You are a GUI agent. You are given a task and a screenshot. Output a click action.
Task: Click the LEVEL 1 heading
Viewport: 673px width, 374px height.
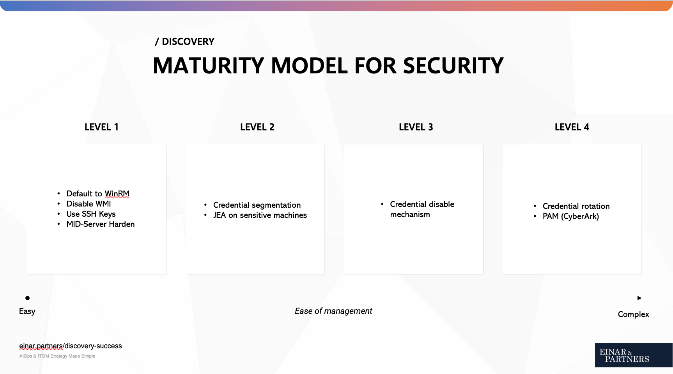pos(101,127)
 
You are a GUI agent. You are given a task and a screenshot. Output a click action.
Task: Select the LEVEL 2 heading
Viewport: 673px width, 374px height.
pos(257,127)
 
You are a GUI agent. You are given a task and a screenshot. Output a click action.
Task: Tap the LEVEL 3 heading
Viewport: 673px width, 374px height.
pos(416,127)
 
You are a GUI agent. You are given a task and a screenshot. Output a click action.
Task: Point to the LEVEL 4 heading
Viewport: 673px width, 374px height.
pos(572,127)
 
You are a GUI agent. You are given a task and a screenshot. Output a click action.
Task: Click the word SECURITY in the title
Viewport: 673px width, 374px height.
pos(453,66)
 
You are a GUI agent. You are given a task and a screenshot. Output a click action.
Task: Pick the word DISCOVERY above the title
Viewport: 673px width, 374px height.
pos(188,42)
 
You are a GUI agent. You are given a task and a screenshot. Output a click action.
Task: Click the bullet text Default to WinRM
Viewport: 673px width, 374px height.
pos(98,194)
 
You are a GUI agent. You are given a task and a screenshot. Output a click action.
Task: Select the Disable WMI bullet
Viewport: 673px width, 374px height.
pos(89,204)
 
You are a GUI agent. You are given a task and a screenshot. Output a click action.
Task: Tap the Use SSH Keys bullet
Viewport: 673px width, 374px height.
pos(91,214)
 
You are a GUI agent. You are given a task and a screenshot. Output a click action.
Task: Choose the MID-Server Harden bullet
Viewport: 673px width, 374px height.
pos(101,224)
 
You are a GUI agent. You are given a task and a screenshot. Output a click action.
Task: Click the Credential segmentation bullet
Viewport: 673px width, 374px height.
pos(257,205)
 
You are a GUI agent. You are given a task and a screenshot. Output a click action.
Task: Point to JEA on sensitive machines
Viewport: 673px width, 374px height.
pos(260,215)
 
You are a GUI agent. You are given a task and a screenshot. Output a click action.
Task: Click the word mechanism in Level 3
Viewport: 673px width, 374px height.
pos(410,214)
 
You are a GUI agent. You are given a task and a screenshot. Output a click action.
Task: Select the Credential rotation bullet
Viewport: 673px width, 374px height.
pos(576,206)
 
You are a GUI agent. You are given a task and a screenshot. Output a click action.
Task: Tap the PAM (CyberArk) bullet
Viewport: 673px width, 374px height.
pos(570,216)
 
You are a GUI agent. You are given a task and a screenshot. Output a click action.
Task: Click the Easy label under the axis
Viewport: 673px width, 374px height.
pos(27,312)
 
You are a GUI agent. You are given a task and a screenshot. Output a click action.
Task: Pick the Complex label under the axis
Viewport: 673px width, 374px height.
pos(633,314)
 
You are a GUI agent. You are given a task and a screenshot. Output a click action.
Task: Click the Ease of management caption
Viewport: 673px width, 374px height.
pos(333,311)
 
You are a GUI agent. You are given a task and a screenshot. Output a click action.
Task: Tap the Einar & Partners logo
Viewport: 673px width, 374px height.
pos(633,355)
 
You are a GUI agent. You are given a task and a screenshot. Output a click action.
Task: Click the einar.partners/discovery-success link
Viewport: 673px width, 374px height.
pos(71,346)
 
